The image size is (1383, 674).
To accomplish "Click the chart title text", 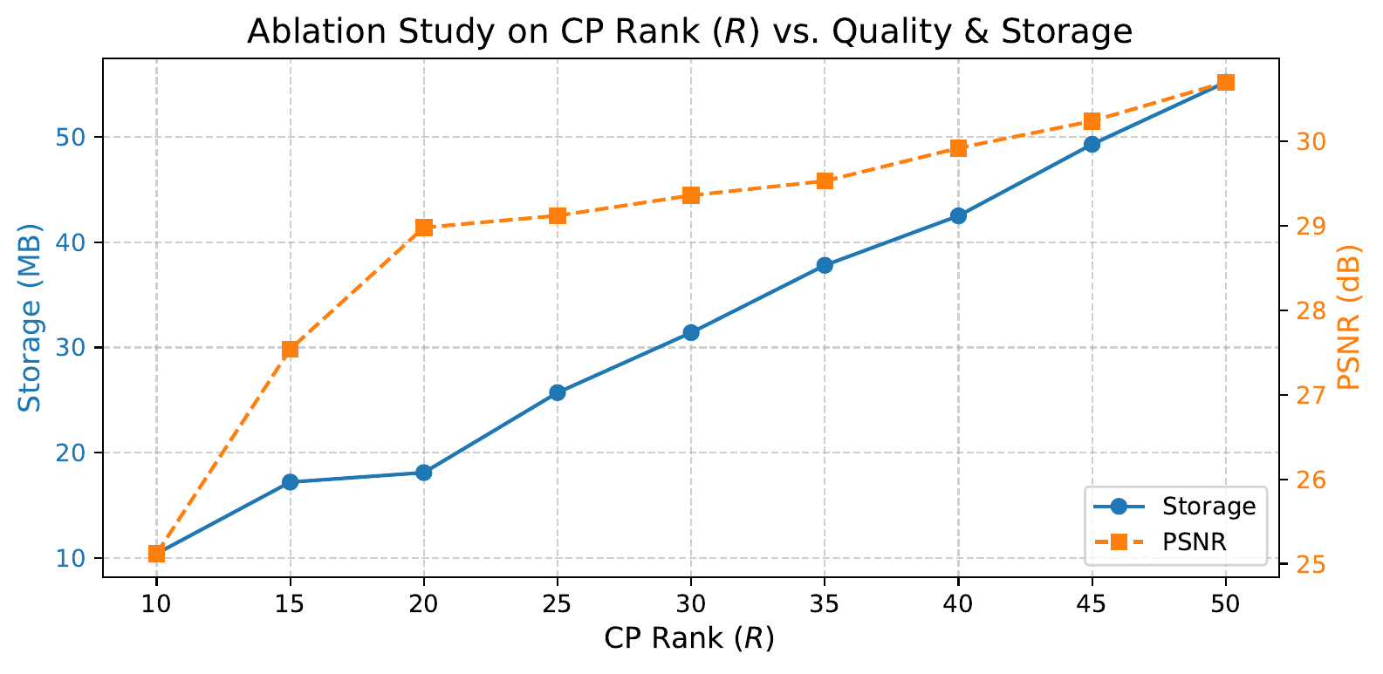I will coord(689,31).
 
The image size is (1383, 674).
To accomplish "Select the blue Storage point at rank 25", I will coord(558,392).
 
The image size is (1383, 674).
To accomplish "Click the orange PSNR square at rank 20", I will coord(424,228).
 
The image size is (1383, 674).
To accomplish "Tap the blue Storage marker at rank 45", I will coord(1092,145).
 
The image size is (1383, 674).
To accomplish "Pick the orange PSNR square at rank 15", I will coord(291,350).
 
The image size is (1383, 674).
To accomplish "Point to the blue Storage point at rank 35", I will coord(825,265).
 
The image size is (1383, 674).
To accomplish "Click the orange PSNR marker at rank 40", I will coord(959,148).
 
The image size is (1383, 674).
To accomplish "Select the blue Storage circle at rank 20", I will coord(424,473).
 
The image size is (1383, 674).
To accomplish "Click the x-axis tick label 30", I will coord(691,604).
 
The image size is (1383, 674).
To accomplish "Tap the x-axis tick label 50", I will coord(1226,604).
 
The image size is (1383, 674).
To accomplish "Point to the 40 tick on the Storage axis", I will coord(76,242).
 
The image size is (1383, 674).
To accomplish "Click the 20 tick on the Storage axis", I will coord(76,453).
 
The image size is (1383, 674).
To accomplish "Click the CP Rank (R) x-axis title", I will coord(689,638).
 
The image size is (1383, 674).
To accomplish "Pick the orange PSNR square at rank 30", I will coord(691,195).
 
